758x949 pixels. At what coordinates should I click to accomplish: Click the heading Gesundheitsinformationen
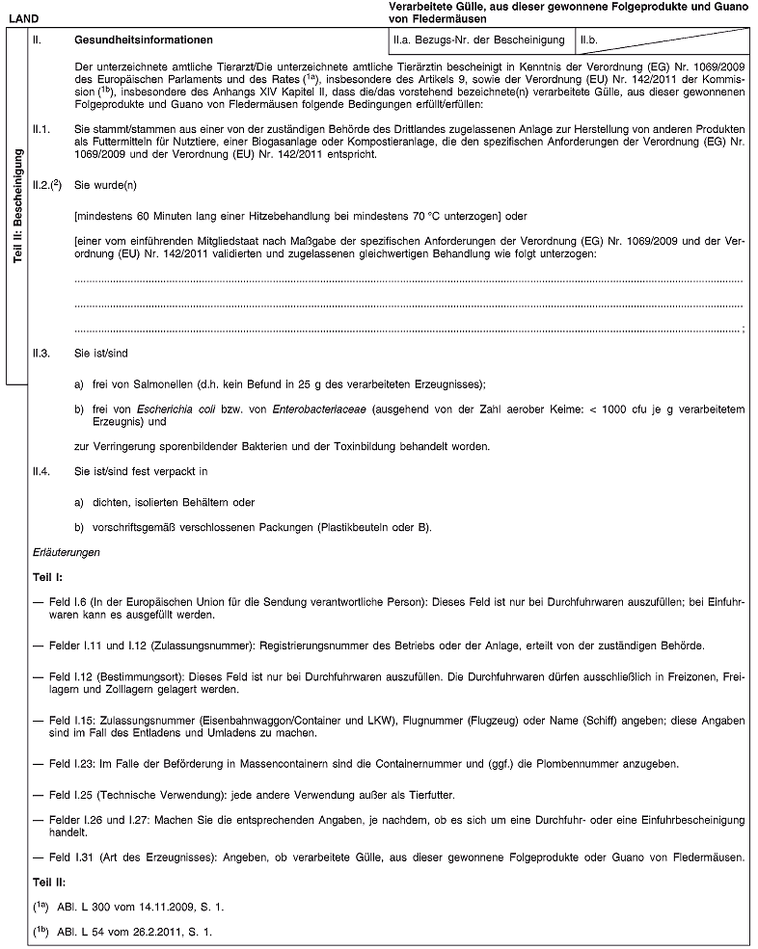[x=144, y=41]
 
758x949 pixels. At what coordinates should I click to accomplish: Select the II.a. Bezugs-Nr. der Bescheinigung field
[x=478, y=41]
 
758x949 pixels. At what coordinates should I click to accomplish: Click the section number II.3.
[x=41, y=353]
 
